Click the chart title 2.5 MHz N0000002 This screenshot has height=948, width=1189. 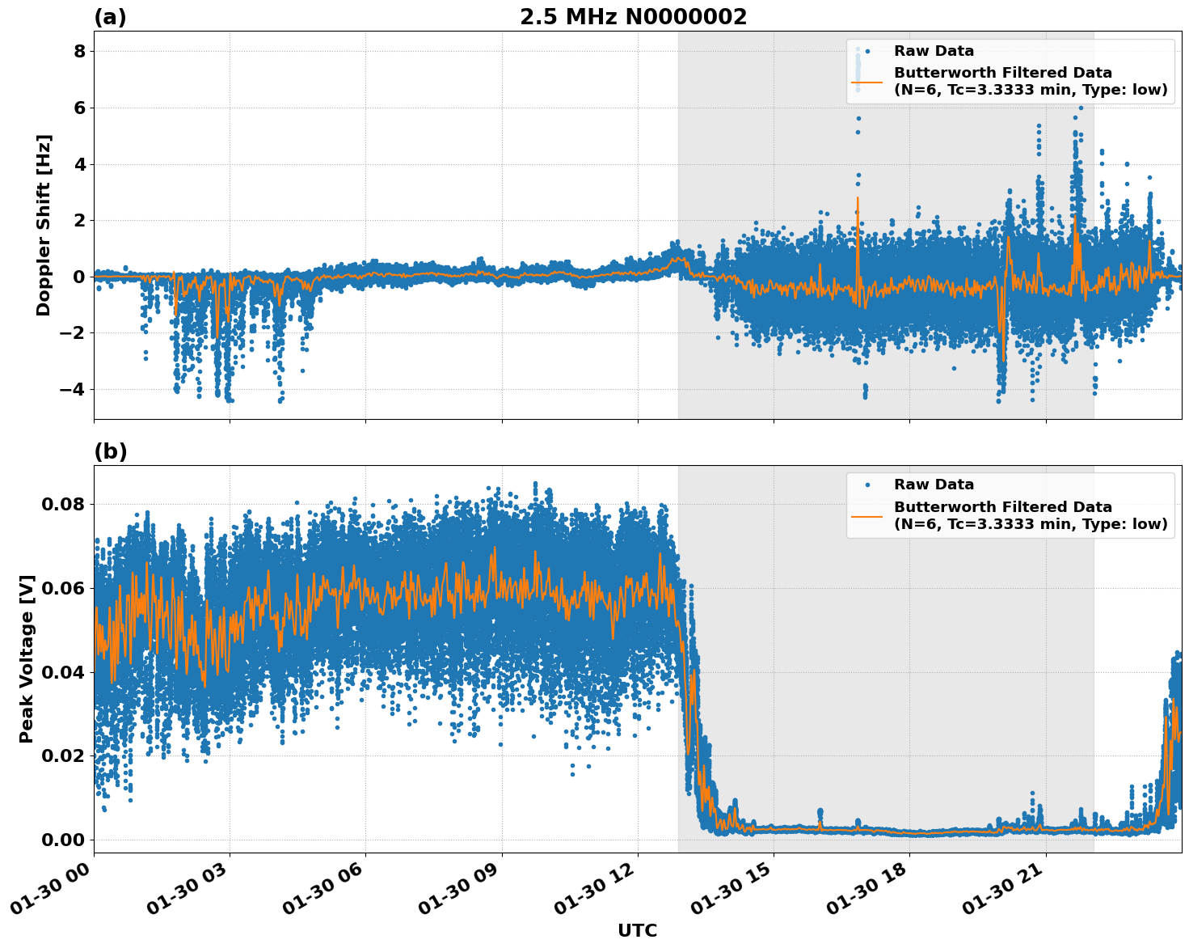(633, 17)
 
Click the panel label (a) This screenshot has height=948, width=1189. (110, 17)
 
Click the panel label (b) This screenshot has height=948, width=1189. (110, 451)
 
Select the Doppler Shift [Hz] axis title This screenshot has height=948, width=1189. (44, 225)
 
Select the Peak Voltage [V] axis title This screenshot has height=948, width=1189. (27, 658)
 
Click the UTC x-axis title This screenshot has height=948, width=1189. (637, 930)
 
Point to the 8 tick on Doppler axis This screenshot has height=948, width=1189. (79, 52)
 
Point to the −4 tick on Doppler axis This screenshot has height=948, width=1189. (74, 390)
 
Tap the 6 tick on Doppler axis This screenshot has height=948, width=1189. (79, 108)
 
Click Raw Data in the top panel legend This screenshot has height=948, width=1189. (934, 51)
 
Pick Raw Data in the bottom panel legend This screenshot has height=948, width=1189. (934, 485)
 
